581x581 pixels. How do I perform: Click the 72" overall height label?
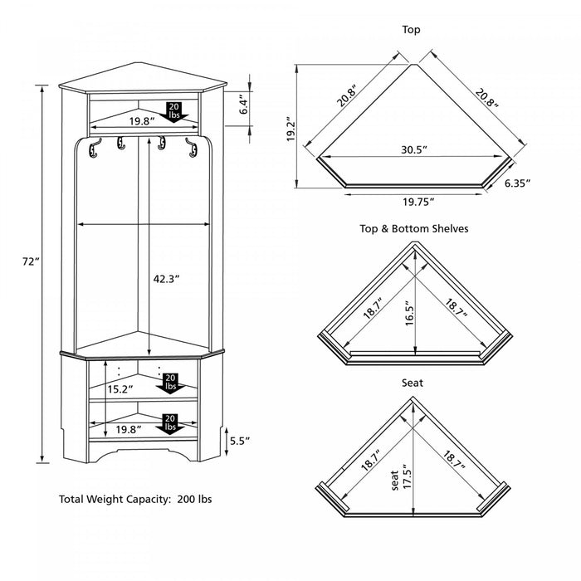tap(31, 261)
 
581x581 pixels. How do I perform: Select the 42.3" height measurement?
tap(167, 279)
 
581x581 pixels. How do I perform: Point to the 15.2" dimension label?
tap(117, 388)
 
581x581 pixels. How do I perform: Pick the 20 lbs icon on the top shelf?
tap(174, 110)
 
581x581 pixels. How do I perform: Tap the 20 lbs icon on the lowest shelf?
tap(171, 422)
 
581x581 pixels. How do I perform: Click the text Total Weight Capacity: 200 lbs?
tap(135, 500)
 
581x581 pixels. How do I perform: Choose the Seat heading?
tap(412, 383)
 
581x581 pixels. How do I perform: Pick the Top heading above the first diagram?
tap(411, 30)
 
